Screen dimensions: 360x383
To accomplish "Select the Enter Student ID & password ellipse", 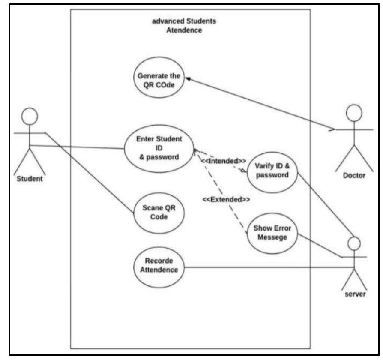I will click(159, 148).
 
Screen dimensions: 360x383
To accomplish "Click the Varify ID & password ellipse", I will click(272, 170).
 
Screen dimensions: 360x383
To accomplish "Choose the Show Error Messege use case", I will click(272, 232).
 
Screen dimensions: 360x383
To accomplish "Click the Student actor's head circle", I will click(30, 116).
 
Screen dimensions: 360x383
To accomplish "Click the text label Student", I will click(30, 179).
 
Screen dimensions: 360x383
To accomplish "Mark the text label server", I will click(354, 294).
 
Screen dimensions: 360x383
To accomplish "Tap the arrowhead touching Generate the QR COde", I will click(187, 79).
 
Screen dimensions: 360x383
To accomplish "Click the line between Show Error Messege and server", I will click(319, 246).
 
